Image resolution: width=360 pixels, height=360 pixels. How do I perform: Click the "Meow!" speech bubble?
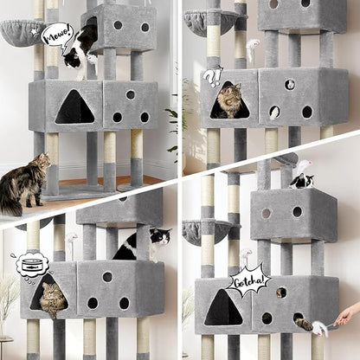coord(57,35)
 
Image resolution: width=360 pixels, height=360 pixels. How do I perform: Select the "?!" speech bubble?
coord(212,77)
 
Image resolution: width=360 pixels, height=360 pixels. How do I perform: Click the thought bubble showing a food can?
coord(30,265)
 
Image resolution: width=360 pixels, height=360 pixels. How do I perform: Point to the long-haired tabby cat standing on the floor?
coord(24,183)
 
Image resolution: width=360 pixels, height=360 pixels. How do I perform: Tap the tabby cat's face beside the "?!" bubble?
coord(228,103)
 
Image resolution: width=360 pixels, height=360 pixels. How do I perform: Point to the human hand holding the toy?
coord(348,314)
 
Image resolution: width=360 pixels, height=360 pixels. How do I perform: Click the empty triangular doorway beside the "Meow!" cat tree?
coord(74,109)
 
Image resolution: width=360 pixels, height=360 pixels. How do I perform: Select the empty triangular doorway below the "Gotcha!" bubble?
coord(223,309)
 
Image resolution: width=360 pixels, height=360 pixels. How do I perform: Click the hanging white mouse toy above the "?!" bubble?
coord(253,44)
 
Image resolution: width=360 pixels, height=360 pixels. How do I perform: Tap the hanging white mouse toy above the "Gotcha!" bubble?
coord(247,257)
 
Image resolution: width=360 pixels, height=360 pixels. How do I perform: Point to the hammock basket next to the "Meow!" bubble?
coord(22,31)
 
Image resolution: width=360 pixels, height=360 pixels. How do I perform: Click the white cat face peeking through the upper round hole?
coord(290,85)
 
